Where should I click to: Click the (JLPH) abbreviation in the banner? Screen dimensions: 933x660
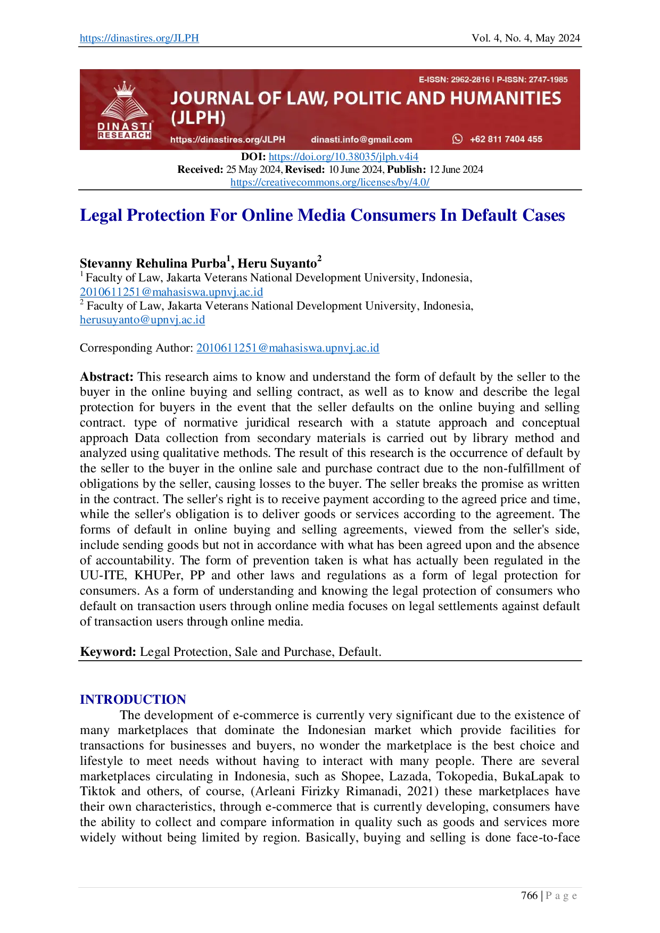pos(198,118)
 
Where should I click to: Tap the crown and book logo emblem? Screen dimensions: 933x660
pos(125,102)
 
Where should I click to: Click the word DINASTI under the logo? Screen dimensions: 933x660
pos(125,126)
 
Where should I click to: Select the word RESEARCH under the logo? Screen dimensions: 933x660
pos(125,135)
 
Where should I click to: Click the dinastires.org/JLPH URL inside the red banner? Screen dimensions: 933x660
pos(227,139)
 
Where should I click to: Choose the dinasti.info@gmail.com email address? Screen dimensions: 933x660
pos(361,139)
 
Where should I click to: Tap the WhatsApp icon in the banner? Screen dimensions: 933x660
pos(457,139)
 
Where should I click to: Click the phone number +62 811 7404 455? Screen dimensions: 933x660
pos(506,139)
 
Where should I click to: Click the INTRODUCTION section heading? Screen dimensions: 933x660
pos(133,699)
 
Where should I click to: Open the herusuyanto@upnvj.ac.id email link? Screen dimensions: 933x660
pos(142,320)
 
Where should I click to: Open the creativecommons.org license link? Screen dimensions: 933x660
pos(329,182)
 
